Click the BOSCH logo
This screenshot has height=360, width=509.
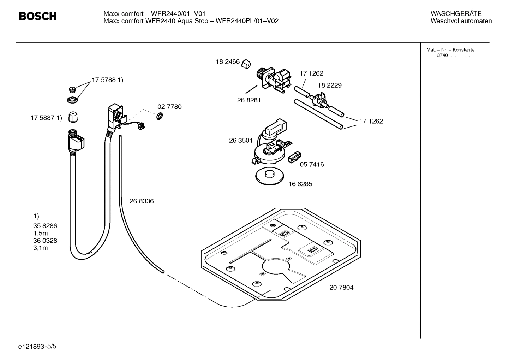37,16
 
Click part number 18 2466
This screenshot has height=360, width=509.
228,62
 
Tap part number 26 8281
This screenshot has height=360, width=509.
249,100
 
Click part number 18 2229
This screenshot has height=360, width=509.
330,85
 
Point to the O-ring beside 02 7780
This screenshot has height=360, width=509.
159,116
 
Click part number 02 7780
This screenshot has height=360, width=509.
169,107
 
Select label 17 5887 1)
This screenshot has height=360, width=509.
46,118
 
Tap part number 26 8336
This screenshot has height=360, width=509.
142,201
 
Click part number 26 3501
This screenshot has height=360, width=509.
241,141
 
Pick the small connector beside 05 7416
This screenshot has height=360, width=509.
295,157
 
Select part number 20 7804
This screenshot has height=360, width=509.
341,288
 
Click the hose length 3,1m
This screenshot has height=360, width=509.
41,248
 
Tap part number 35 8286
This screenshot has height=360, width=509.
45,226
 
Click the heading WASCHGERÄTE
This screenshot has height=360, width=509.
456,14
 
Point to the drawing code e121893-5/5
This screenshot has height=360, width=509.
37,347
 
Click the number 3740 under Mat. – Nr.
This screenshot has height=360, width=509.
442,55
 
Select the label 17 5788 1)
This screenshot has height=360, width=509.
107,80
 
